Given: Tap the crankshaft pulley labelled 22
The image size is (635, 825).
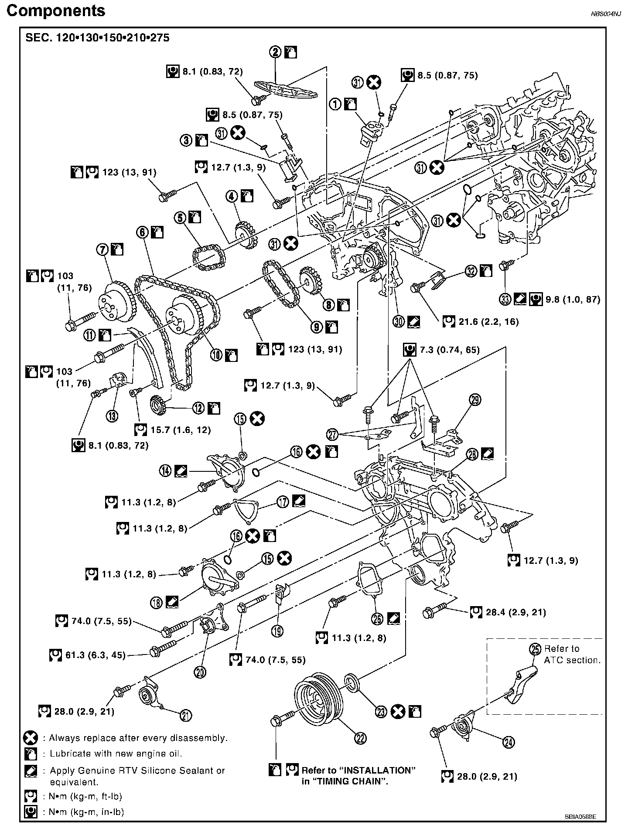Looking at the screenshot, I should (320, 702).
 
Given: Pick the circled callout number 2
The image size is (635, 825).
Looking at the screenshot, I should (276, 53).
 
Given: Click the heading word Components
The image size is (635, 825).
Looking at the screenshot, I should (56, 10).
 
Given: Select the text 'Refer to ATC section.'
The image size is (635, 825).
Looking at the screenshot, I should (572, 654).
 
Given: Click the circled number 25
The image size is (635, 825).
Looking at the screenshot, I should (535, 649).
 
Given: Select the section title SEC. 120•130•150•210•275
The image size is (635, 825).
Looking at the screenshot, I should (98, 38).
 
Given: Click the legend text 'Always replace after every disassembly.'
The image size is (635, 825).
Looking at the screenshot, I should (138, 738).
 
